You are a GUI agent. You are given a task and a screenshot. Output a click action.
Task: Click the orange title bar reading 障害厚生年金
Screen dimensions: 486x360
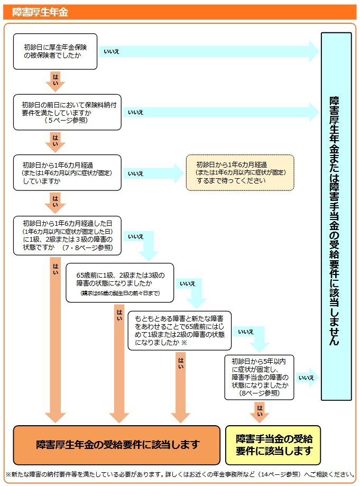click(180, 12)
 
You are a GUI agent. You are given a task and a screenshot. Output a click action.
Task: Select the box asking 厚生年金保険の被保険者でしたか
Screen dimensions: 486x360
click(55, 51)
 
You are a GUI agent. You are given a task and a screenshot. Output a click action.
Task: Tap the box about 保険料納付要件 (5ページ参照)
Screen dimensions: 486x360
click(67, 112)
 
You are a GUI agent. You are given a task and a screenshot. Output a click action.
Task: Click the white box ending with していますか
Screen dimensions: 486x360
click(67, 173)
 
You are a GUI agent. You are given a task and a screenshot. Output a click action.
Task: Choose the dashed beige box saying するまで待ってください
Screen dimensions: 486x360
click(239, 172)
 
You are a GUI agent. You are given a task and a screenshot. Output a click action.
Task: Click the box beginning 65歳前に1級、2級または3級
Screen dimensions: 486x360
click(119, 282)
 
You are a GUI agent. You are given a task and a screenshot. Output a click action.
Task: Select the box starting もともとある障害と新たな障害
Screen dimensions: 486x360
click(179, 331)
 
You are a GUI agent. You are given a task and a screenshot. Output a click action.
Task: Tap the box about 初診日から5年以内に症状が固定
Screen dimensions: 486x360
click(259, 377)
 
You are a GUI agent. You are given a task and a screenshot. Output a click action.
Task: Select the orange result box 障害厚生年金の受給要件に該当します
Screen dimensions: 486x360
click(116, 444)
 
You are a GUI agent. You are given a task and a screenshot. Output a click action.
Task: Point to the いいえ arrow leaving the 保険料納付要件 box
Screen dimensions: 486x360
click(222, 112)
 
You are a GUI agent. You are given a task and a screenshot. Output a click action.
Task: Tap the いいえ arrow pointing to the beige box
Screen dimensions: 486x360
click(153, 173)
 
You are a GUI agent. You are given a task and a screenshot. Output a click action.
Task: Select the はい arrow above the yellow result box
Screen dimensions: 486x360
click(259, 411)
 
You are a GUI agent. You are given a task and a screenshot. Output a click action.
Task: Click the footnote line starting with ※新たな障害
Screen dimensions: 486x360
click(180, 474)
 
